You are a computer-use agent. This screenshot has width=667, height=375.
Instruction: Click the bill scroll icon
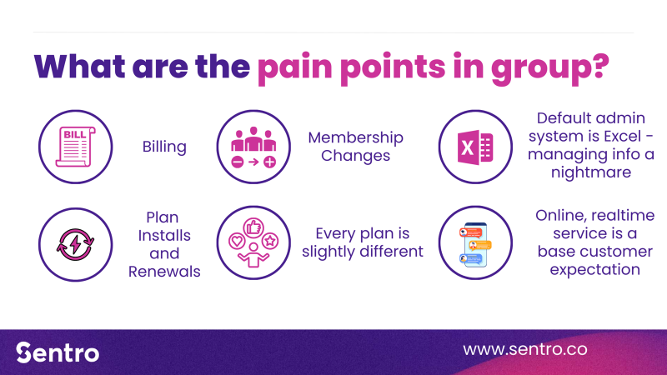[75, 147]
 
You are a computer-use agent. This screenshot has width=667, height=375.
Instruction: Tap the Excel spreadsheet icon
[475, 147]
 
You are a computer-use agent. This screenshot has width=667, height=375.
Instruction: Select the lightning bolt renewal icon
[75, 244]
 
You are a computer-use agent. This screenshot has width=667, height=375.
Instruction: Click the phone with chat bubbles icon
[475, 244]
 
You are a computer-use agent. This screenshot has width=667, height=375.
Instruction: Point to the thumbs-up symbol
[253, 227]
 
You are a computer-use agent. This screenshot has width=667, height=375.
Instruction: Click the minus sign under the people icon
[238, 162]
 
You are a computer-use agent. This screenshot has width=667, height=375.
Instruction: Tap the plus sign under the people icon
[269, 162]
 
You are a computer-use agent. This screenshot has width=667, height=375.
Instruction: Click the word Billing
[164, 147]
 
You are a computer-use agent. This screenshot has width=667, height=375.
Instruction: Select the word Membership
[356, 137]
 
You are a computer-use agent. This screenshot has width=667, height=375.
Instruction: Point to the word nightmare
[591, 172]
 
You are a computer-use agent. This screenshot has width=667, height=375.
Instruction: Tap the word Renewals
[164, 272]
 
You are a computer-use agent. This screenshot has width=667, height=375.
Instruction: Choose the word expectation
[594, 269]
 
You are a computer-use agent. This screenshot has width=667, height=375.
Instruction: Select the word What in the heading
[79, 66]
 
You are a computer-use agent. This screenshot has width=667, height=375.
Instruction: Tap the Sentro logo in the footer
[58, 352]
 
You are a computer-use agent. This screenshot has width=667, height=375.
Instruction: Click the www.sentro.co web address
[525, 349]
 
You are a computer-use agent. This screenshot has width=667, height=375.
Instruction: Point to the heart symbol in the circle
[237, 242]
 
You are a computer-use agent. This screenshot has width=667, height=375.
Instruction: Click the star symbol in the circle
[269, 241]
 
